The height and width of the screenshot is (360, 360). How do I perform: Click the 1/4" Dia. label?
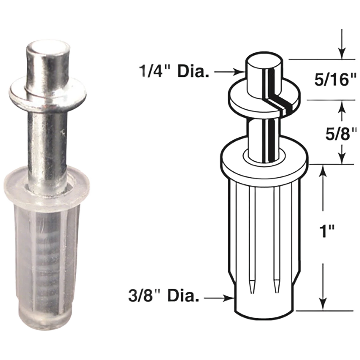click(175, 72)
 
